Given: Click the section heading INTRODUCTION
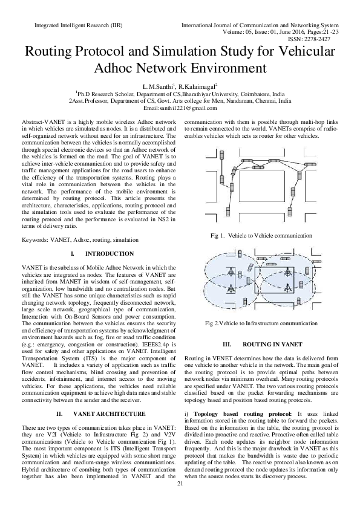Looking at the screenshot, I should pyautogui.click(x=110, y=254).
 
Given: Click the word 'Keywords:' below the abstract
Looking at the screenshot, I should pyautogui.click(x=36, y=240).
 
